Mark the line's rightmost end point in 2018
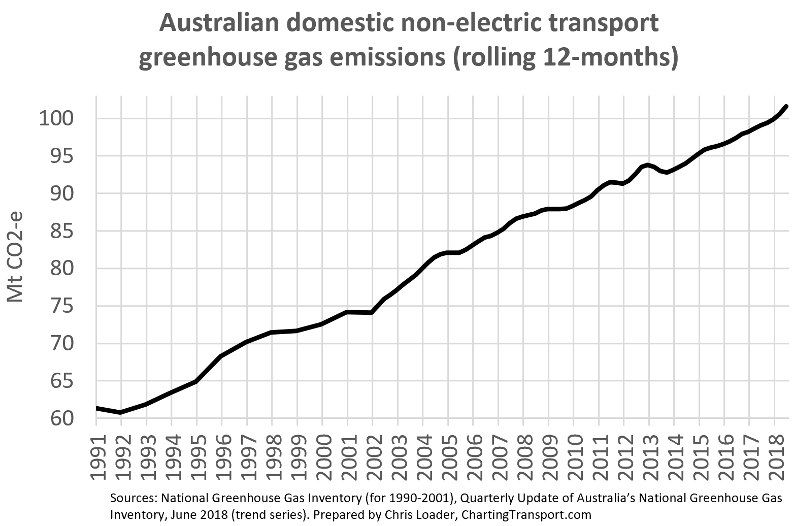pos(786,106)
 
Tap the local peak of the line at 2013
pos(647,165)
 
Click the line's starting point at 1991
pos(97,408)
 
